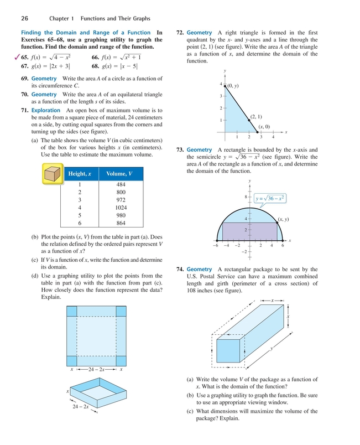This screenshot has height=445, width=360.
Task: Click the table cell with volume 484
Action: point(121,184)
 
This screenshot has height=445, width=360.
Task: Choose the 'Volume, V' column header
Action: point(121,174)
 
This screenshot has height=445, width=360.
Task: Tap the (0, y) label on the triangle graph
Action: point(233,86)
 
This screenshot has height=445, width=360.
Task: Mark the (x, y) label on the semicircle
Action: point(285,220)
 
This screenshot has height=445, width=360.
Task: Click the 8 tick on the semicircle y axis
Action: point(245,196)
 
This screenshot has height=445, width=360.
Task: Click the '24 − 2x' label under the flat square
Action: point(95,369)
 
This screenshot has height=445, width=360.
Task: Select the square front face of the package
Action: point(227,351)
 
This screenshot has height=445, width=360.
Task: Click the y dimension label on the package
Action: point(272,348)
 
